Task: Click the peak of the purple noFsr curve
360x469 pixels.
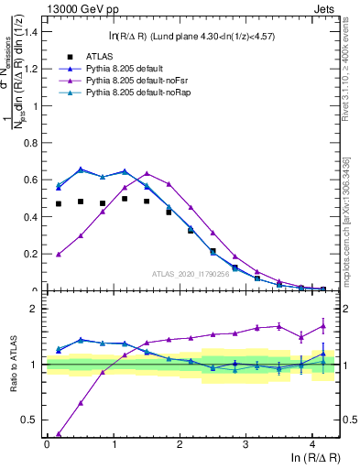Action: point(147,173)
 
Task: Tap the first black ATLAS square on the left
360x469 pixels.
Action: point(59,203)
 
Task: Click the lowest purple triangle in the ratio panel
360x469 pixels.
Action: point(59,434)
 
